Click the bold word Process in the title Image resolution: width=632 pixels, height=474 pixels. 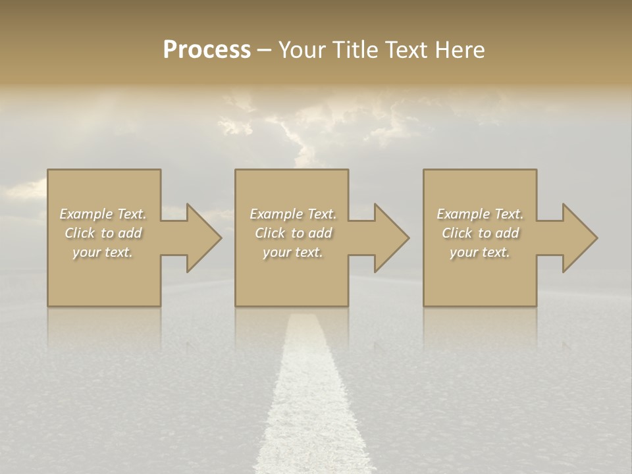click(x=207, y=50)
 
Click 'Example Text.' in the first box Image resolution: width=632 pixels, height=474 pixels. click(x=103, y=214)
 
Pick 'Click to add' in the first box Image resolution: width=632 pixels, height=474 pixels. click(x=103, y=233)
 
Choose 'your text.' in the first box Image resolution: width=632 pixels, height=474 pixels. click(x=103, y=252)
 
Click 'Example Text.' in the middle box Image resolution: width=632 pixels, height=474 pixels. click(x=293, y=214)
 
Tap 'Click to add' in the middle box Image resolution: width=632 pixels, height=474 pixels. click(x=293, y=233)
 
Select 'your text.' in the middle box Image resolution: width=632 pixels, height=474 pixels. click(x=293, y=252)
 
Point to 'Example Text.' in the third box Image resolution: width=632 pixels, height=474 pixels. click(x=480, y=214)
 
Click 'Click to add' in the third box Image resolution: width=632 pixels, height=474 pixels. click(x=480, y=233)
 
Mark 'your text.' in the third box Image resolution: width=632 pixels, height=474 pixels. click(x=480, y=252)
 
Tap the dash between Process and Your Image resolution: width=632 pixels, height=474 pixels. click(x=263, y=51)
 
